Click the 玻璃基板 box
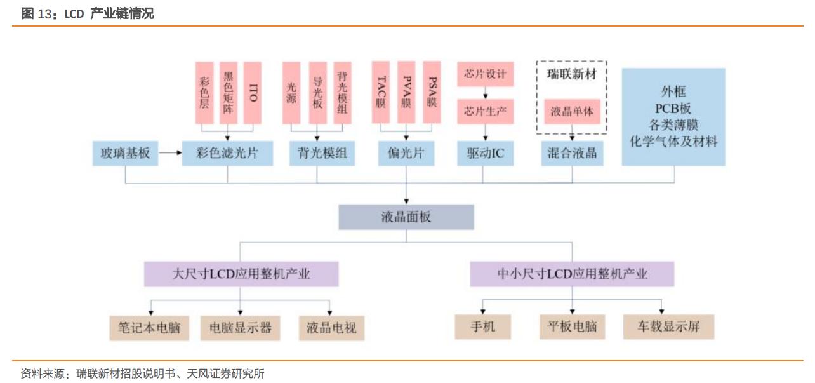tap(125, 153)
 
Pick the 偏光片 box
tap(406, 153)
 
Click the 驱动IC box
tap(486, 153)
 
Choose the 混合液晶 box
tap(572, 153)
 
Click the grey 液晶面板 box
tap(406, 217)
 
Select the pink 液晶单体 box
tap(572, 111)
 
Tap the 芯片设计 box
tap(486, 74)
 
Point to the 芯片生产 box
tap(486, 111)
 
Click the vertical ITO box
tap(253, 93)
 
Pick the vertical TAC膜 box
tap(381, 93)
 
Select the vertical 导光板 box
tap(317, 93)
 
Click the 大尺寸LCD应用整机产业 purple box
tap(241, 274)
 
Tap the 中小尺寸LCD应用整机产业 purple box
tap(572, 274)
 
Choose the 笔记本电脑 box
tap(149, 328)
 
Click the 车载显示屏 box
tap(668, 327)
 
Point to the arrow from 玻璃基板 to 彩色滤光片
tap(169, 153)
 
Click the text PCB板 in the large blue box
tap(673, 109)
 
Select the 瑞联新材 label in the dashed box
tap(572, 74)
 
